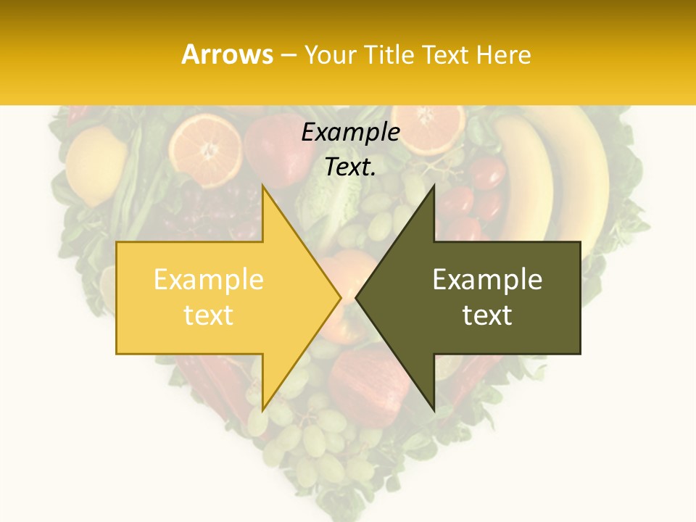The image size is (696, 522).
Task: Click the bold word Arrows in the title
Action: pyautogui.click(x=227, y=54)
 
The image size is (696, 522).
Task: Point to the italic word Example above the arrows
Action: pyautogui.click(x=350, y=133)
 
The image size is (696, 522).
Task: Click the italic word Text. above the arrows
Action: pyautogui.click(x=350, y=167)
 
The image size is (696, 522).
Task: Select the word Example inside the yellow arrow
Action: pyautogui.click(x=209, y=280)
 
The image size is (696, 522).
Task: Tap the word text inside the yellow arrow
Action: pyautogui.click(x=209, y=315)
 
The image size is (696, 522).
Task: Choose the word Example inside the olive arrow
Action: pyautogui.click(x=487, y=280)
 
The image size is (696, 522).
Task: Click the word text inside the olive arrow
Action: pyautogui.click(x=487, y=315)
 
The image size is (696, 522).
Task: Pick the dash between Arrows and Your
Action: pyautogui.click(x=289, y=56)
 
